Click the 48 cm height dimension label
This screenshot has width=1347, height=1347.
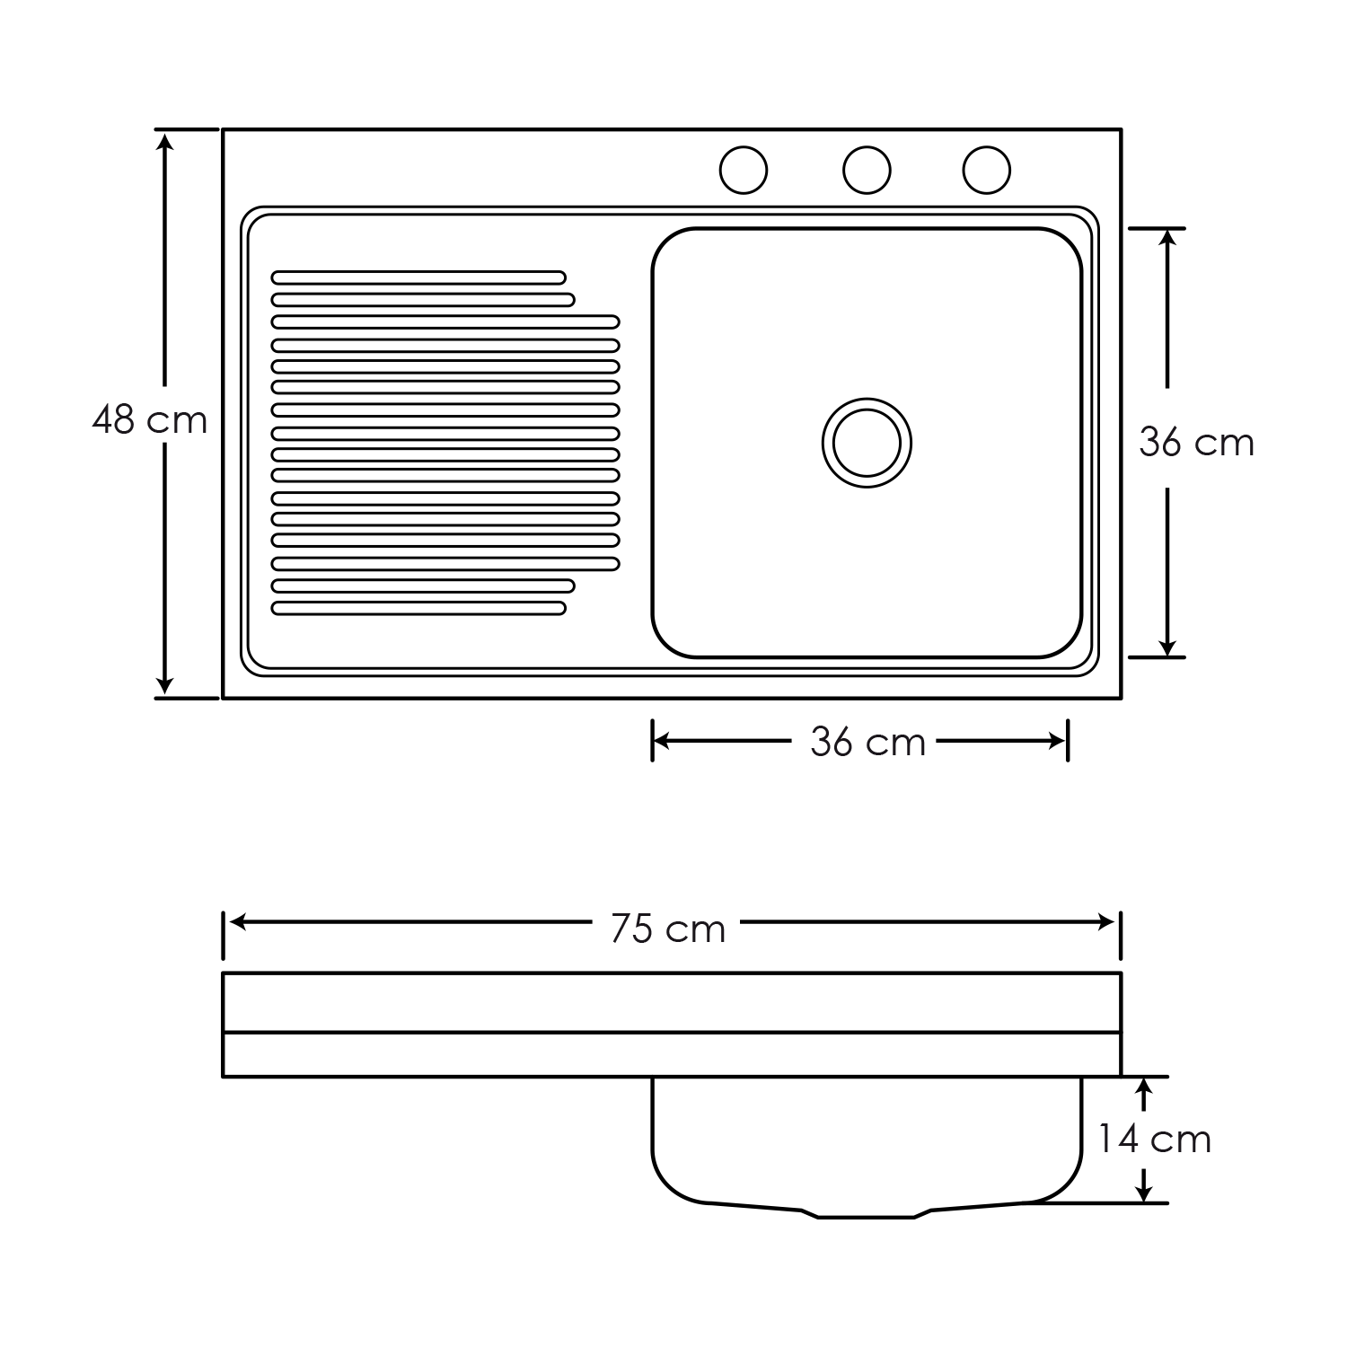(149, 419)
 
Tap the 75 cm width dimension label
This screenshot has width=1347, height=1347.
(667, 929)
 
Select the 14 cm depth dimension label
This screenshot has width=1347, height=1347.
(1154, 1139)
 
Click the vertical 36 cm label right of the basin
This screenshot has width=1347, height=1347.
(1196, 442)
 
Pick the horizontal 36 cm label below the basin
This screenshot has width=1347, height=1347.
(867, 742)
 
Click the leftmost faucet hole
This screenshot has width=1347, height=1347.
(744, 170)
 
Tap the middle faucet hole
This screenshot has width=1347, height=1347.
(867, 170)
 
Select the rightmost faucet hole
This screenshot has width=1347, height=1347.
(986, 170)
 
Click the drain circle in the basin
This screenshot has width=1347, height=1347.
(867, 443)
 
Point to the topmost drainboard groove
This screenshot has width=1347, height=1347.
(418, 277)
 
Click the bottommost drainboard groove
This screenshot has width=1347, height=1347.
(418, 608)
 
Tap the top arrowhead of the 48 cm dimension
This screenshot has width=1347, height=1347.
(164, 142)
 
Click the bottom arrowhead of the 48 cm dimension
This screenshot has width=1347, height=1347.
(164, 684)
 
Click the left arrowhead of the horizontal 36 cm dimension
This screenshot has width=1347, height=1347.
(665, 741)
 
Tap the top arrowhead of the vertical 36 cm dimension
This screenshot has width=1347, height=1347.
(1167, 241)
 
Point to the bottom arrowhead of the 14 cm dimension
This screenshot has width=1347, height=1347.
(1143, 1191)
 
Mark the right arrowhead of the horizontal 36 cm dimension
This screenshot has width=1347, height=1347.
(1054, 741)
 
